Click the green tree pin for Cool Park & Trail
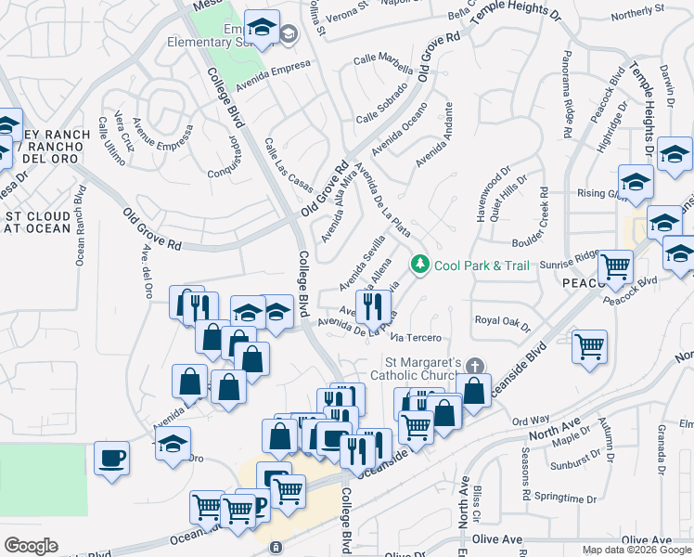pos(420,266)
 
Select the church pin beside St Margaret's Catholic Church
pos(475,364)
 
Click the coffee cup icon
pos(112,459)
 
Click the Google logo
pos(31,546)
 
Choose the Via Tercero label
pos(414,337)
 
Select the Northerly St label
pos(639,13)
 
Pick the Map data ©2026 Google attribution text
pos(636,550)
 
